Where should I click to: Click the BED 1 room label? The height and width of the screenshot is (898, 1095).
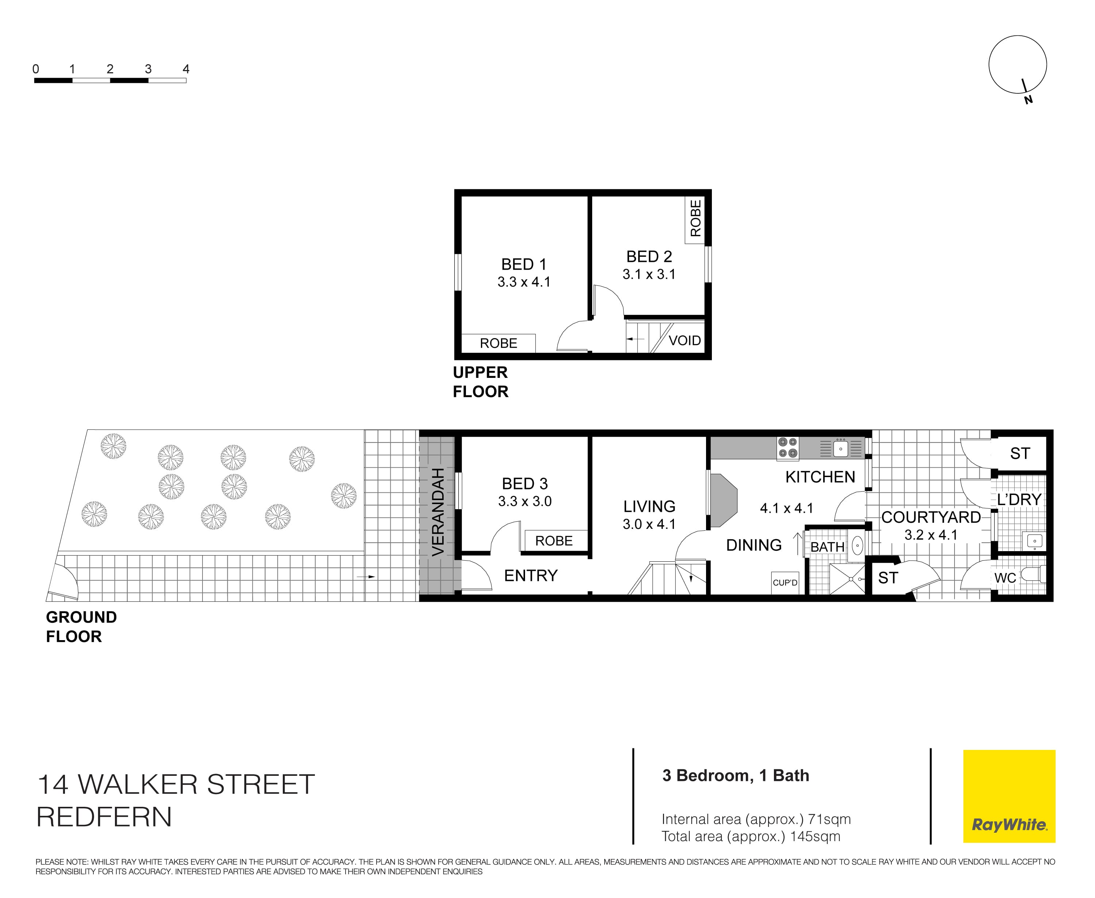(524, 264)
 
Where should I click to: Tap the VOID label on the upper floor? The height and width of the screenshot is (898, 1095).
(685, 340)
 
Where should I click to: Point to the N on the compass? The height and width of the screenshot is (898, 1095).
(1028, 100)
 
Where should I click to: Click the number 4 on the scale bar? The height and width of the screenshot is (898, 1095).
(186, 69)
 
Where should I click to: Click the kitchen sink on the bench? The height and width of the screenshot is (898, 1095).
(840, 448)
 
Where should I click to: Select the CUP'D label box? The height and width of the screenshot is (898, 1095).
(785, 582)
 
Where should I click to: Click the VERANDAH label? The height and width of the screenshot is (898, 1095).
(438, 512)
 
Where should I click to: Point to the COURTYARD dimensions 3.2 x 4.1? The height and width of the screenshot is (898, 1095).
(930, 535)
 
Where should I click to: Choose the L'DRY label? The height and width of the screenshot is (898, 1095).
(1019, 499)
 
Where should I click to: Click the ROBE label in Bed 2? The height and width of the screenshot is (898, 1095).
(695, 218)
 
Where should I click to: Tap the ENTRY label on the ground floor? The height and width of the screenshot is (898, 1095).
(531, 575)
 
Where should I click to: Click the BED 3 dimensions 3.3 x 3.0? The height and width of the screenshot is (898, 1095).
(525, 501)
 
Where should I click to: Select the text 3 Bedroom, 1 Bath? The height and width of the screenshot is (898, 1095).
(735, 775)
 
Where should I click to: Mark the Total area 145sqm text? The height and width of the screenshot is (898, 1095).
(750, 836)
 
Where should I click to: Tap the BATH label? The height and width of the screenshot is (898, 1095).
(827, 547)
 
